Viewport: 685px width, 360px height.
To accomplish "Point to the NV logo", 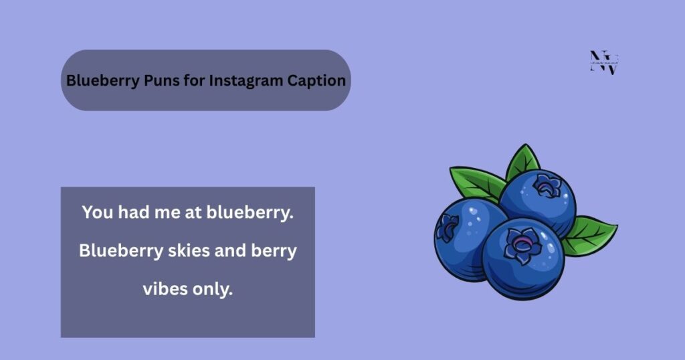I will click(x=604, y=62).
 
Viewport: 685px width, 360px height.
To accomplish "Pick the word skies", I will click(x=191, y=252).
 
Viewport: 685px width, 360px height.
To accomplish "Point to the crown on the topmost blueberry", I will click(x=548, y=185).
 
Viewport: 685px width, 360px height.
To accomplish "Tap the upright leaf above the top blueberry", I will click(x=523, y=161).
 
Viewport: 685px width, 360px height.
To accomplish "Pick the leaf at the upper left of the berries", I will click(x=476, y=183).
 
